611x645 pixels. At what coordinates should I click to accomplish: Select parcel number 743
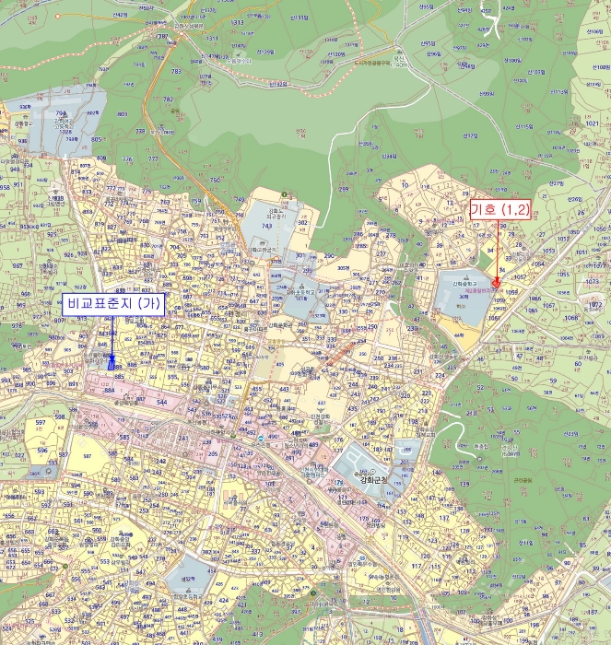pos(267,226)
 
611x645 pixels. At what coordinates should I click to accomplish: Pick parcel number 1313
pos(237,22)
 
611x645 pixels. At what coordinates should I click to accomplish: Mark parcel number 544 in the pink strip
pos(162,403)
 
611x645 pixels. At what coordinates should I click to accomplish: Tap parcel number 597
pos(40,422)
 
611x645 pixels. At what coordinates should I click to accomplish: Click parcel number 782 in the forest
pos(168,99)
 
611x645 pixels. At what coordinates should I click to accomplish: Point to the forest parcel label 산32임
pos(278,84)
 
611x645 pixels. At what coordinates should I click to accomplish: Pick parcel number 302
pos(302,222)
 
